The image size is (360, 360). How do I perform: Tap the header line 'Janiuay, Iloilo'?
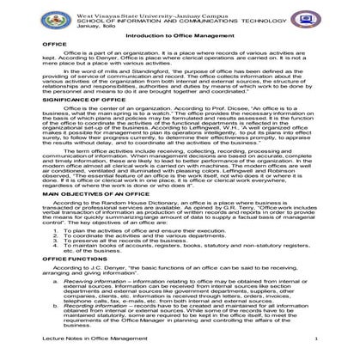pos(99,26)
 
